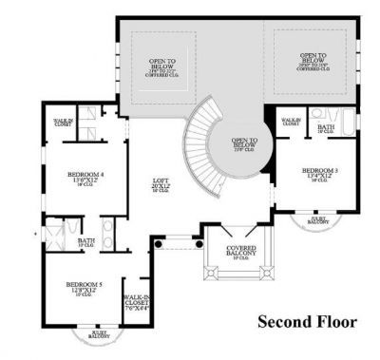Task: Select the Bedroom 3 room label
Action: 320,169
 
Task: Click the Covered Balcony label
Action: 227,252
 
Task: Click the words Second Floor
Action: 307,322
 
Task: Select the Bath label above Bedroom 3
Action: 325,127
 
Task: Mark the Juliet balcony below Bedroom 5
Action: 99,334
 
